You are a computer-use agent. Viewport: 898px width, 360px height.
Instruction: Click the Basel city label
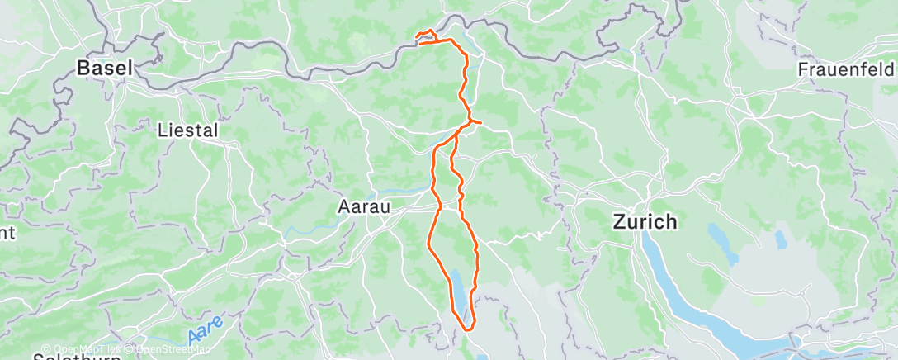[x=104, y=69]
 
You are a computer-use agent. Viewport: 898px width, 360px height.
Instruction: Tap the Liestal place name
[x=188, y=130]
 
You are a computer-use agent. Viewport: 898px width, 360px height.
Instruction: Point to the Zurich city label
[x=645, y=221]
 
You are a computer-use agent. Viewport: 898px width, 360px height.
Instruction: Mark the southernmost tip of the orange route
[x=468, y=329]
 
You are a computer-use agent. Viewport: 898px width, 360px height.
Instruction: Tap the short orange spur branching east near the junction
[x=477, y=124]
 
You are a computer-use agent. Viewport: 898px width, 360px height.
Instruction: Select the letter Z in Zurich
[x=618, y=221]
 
